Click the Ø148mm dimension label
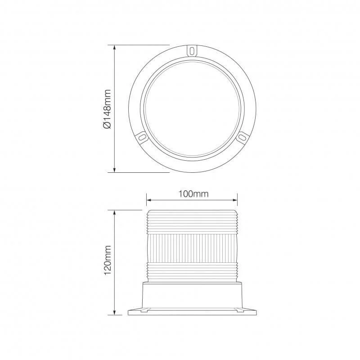(107, 108)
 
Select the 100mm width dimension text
(193, 194)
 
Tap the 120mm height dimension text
(108, 262)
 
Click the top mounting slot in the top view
(192, 50)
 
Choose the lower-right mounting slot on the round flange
(242, 136)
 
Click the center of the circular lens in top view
(192, 108)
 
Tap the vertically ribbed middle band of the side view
(192, 247)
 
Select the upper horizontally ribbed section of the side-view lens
(192, 223)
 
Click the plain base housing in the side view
(192, 295)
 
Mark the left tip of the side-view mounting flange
(129, 313)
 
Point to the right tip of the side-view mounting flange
(255, 313)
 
